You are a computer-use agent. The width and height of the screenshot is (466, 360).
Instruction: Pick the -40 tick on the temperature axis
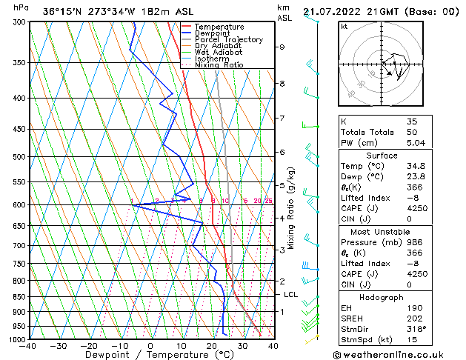pyautogui.click(x=28, y=346)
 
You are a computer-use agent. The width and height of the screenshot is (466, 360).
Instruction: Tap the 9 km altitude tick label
pyautogui.click(x=282, y=47)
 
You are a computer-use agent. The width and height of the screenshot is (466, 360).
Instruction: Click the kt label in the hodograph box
pyautogui.click(x=344, y=26)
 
